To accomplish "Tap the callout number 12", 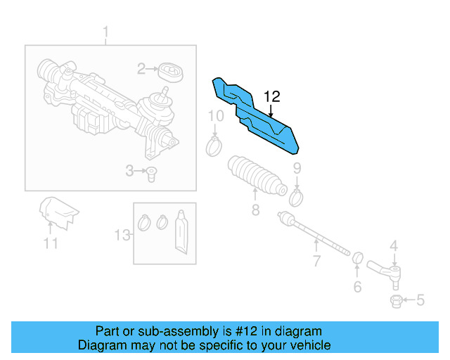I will tap(272, 96).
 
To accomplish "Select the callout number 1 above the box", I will tap(106, 32).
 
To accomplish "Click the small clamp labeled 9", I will tap(296, 197).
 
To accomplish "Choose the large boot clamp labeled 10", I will tap(214, 146).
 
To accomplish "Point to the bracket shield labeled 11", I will tap(58, 213).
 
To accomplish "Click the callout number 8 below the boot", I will tap(255, 210).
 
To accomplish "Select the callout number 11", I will tap(50, 243).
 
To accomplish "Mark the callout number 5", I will tap(420, 301).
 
